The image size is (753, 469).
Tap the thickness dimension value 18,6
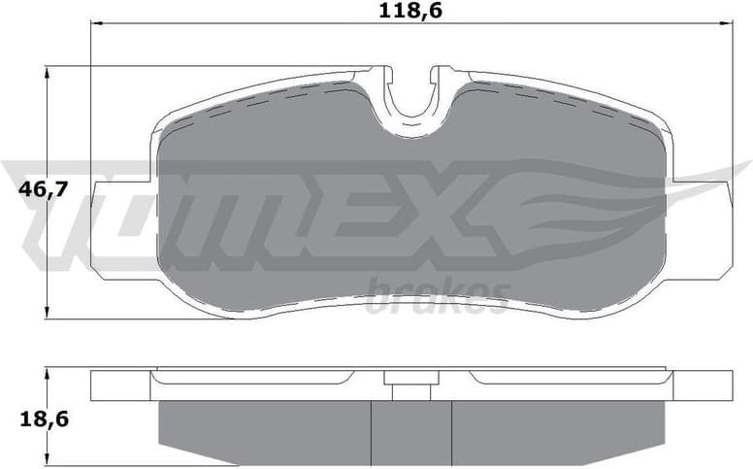tap(43, 419)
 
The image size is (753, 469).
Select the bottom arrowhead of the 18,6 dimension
tap(48, 462)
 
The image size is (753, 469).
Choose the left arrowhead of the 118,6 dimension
tap(95, 21)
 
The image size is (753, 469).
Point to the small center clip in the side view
tap(411, 385)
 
